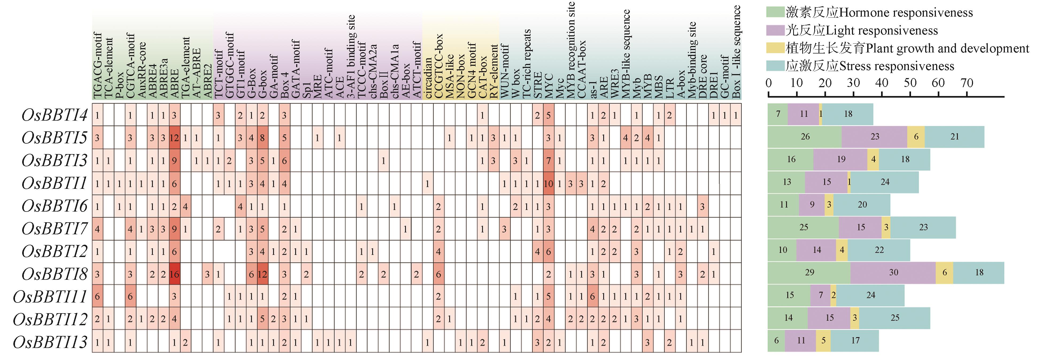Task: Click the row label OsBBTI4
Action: (x=55, y=115)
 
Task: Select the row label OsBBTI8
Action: (x=55, y=274)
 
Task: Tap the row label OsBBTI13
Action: (x=50, y=342)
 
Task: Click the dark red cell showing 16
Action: (x=174, y=274)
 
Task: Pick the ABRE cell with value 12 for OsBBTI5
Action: (x=174, y=138)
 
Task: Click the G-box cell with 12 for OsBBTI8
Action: (x=262, y=274)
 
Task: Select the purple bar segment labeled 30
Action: (x=893, y=273)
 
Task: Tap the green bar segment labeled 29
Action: (x=809, y=273)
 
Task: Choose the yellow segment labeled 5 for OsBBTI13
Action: (x=823, y=340)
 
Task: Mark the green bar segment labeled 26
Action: (x=805, y=137)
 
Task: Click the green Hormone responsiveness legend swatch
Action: (x=775, y=12)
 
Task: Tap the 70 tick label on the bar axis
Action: (x=967, y=83)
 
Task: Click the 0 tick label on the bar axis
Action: (x=769, y=83)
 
